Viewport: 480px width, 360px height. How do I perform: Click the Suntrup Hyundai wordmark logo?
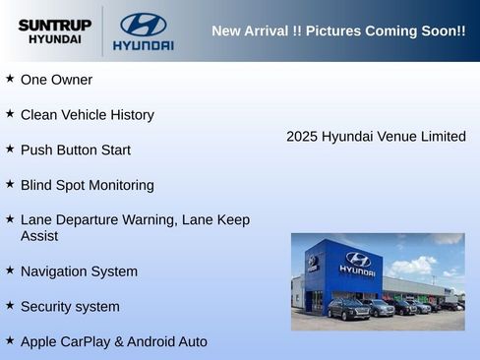(x=54, y=31)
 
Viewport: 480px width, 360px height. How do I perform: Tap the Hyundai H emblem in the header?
(x=144, y=25)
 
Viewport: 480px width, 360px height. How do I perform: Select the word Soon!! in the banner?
(x=443, y=31)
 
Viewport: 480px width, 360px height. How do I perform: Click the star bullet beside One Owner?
(x=10, y=78)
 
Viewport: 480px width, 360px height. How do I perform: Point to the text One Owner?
(x=56, y=80)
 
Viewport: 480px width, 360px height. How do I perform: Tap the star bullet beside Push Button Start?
(x=10, y=149)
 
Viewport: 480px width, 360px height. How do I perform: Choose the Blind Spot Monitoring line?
(x=87, y=185)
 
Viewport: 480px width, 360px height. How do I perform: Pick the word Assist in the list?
(x=39, y=236)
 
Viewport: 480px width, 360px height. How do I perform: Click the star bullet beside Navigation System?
(x=10, y=270)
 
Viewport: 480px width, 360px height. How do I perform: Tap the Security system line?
(x=70, y=307)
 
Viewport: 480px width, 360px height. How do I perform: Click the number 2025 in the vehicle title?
(x=303, y=137)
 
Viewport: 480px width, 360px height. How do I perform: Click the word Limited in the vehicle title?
(x=444, y=137)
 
